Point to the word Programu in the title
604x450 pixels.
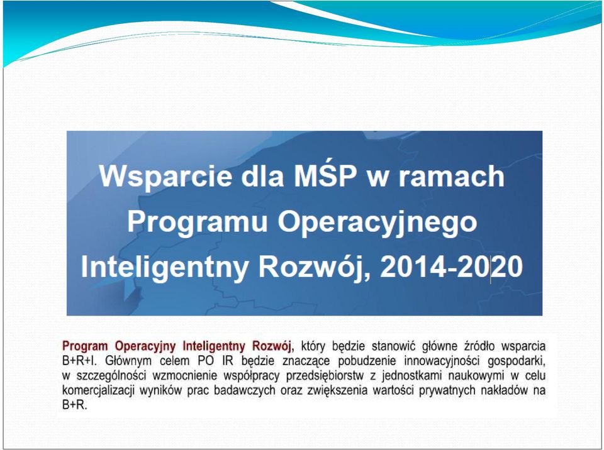pyautogui.click(x=198, y=222)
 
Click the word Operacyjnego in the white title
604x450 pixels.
pyautogui.click(x=377, y=222)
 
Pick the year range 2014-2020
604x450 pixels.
pyautogui.click(x=451, y=266)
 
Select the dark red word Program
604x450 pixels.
pyautogui.click(x=85, y=346)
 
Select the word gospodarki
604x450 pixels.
pyautogui.click(x=517, y=361)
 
